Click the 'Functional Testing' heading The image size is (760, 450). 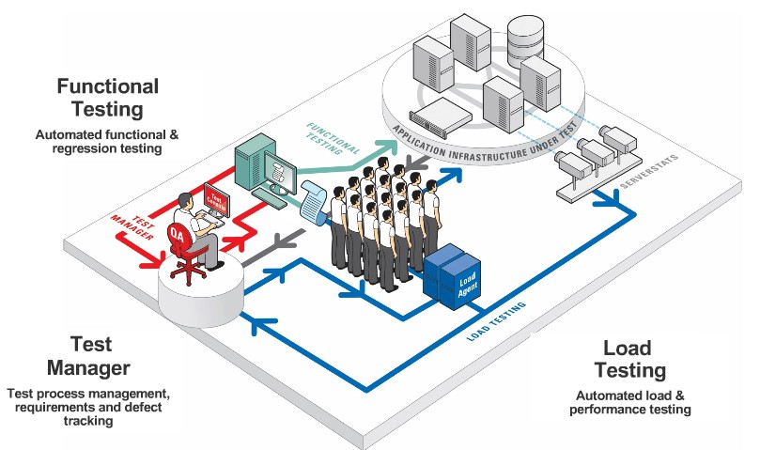108,98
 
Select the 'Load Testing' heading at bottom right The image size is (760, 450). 634,358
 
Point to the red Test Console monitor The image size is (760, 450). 216,198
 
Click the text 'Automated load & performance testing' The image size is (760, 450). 633,402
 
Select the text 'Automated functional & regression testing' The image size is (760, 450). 107,142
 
